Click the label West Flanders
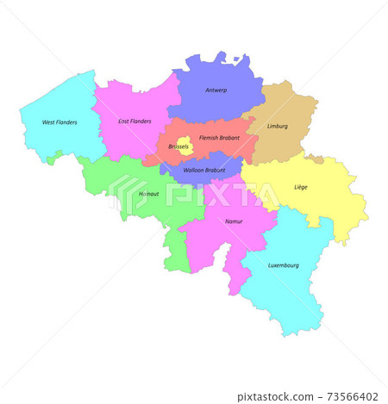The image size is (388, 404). (x=59, y=122)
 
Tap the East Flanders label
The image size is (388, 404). (x=135, y=121)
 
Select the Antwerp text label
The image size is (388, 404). (x=216, y=90)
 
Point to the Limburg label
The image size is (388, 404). (x=278, y=126)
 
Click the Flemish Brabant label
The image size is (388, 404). (x=219, y=137)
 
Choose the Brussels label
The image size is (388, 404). (x=178, y=147)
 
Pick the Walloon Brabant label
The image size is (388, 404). (x=205, y=171)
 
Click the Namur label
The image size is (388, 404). (x=234, y=221)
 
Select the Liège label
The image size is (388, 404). (x=300, y=187)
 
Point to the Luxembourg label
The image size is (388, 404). (x=283, y=265)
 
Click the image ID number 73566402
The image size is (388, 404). (x=354, y=397)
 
